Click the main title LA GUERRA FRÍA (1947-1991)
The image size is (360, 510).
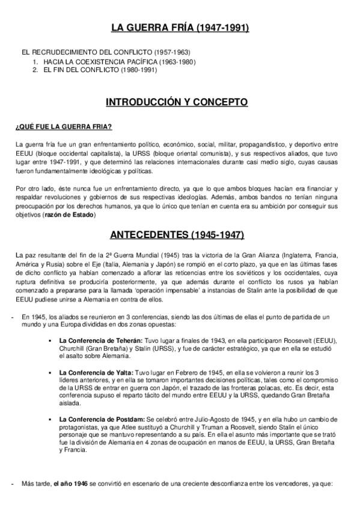pyautogui.click(x=180, y=28)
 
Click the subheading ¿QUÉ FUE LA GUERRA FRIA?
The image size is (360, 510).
pyautogui.click(x=63, y=126)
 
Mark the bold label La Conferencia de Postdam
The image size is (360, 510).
pyautogui.click(x=102, y=419)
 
